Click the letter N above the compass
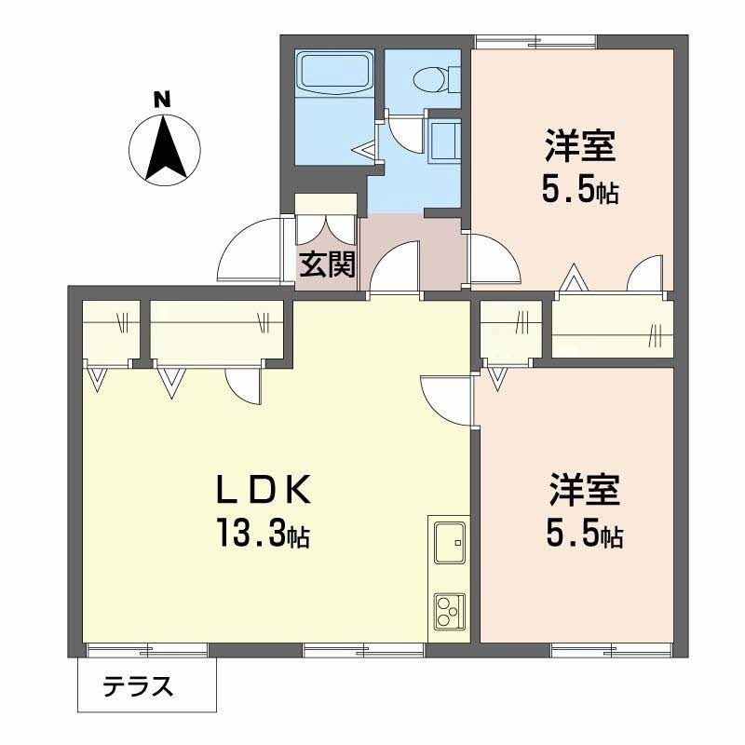[x=162, y=100]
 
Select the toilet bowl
[x=430, y=79]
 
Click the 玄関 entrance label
[x=328, y=264]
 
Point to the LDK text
[x=264, y=490]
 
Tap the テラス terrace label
[x=138, y=686]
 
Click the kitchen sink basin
[x=450, y=543]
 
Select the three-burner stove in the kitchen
[x=449, y=612]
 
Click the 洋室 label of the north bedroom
[x=580, y=146]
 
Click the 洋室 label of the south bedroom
[x=585, y=490]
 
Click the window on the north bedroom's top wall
[x=537, y=42]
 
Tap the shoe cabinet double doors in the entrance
[x=325, y=229]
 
